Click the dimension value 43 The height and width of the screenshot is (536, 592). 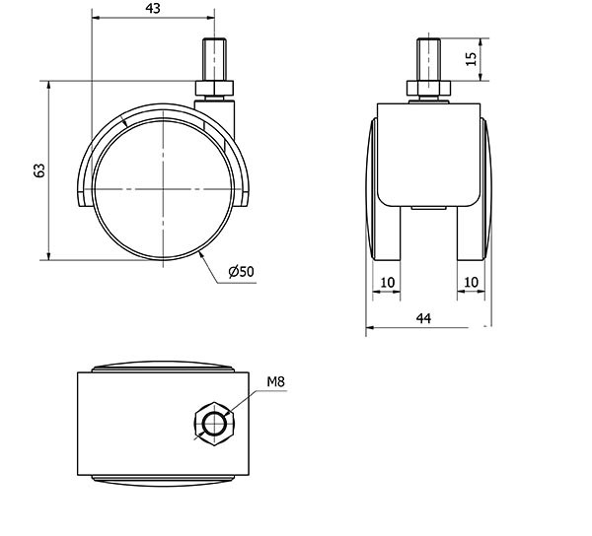pyautogui.click(x=153, y=8)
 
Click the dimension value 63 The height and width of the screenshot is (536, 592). pyautogui.click(x=39, y=170)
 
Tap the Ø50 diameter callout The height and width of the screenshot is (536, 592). pyautogui.click(x=242, y=271)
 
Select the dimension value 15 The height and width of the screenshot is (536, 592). pyautogui.click(x=472, y=58)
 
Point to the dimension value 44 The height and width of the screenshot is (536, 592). pyautogui.click(x=423, y=318)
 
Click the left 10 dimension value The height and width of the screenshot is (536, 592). pyautogui.click(x=387, y=283)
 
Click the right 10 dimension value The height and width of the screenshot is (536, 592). pyautogui.click(x=471, y=283)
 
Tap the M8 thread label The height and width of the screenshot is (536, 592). pyautogui.click(x=275, y=382)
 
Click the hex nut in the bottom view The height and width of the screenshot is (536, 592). pyautogui.click(x=214, y=424)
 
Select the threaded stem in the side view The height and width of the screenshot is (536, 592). pyautogui.click(x=214, y=59)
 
